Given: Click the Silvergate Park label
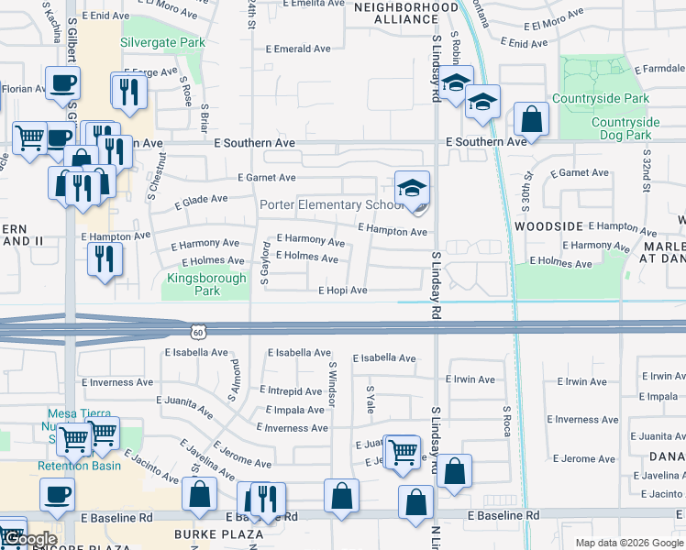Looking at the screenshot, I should point(162,42).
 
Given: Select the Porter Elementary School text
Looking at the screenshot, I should point(330,205).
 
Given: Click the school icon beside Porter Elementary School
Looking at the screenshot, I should point(413,190).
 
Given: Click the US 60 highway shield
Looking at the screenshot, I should point(198,329).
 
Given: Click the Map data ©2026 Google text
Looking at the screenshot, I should point(628,543).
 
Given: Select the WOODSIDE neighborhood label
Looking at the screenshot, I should point(548,225).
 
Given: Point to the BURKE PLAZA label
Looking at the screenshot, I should point(208,533).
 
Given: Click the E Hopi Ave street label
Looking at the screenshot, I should point(342,291).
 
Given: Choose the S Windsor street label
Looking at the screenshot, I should point(331,385).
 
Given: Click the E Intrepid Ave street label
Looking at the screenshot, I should point(291,390).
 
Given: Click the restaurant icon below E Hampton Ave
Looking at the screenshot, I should point(101,260).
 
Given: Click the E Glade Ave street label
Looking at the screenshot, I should point(194,198).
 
